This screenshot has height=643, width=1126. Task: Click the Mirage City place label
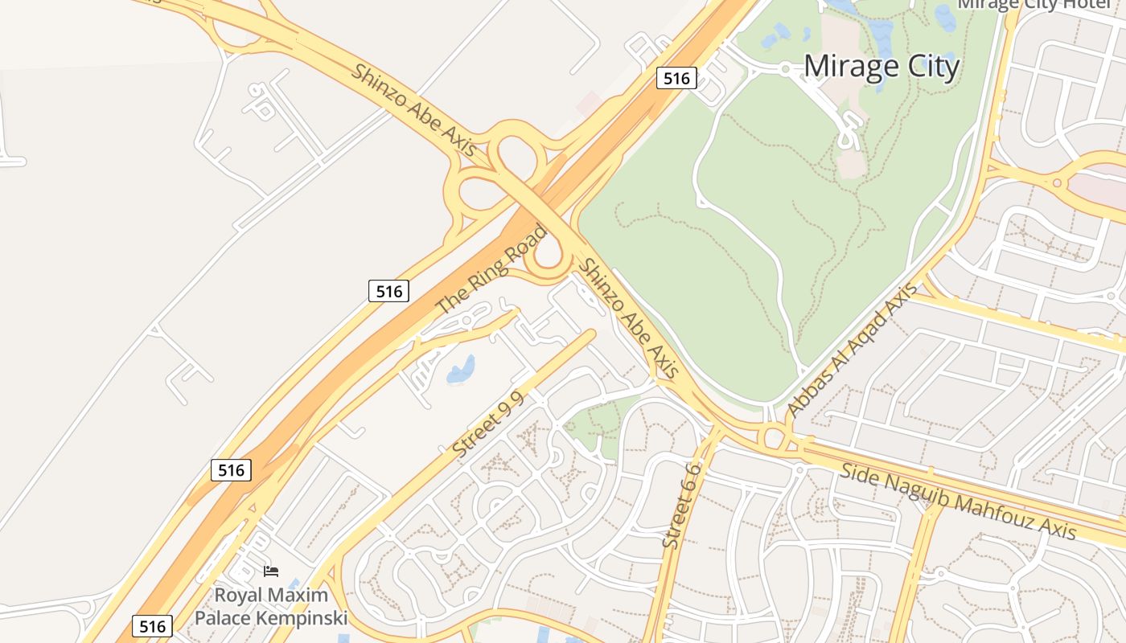pos(881,66)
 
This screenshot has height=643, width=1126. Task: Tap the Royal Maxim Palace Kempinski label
pos(271,607)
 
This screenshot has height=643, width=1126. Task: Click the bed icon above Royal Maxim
pos(271,571)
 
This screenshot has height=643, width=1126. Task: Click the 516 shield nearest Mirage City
pos(676,78)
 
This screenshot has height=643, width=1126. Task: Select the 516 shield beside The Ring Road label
pos(389,291)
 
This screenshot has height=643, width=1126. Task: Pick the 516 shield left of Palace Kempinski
pos(152,627)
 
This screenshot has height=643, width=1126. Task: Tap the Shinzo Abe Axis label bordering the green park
pos(629,318)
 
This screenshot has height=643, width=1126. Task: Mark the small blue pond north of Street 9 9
pos(461,370)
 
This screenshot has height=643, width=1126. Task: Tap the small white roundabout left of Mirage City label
pos(785,69)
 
